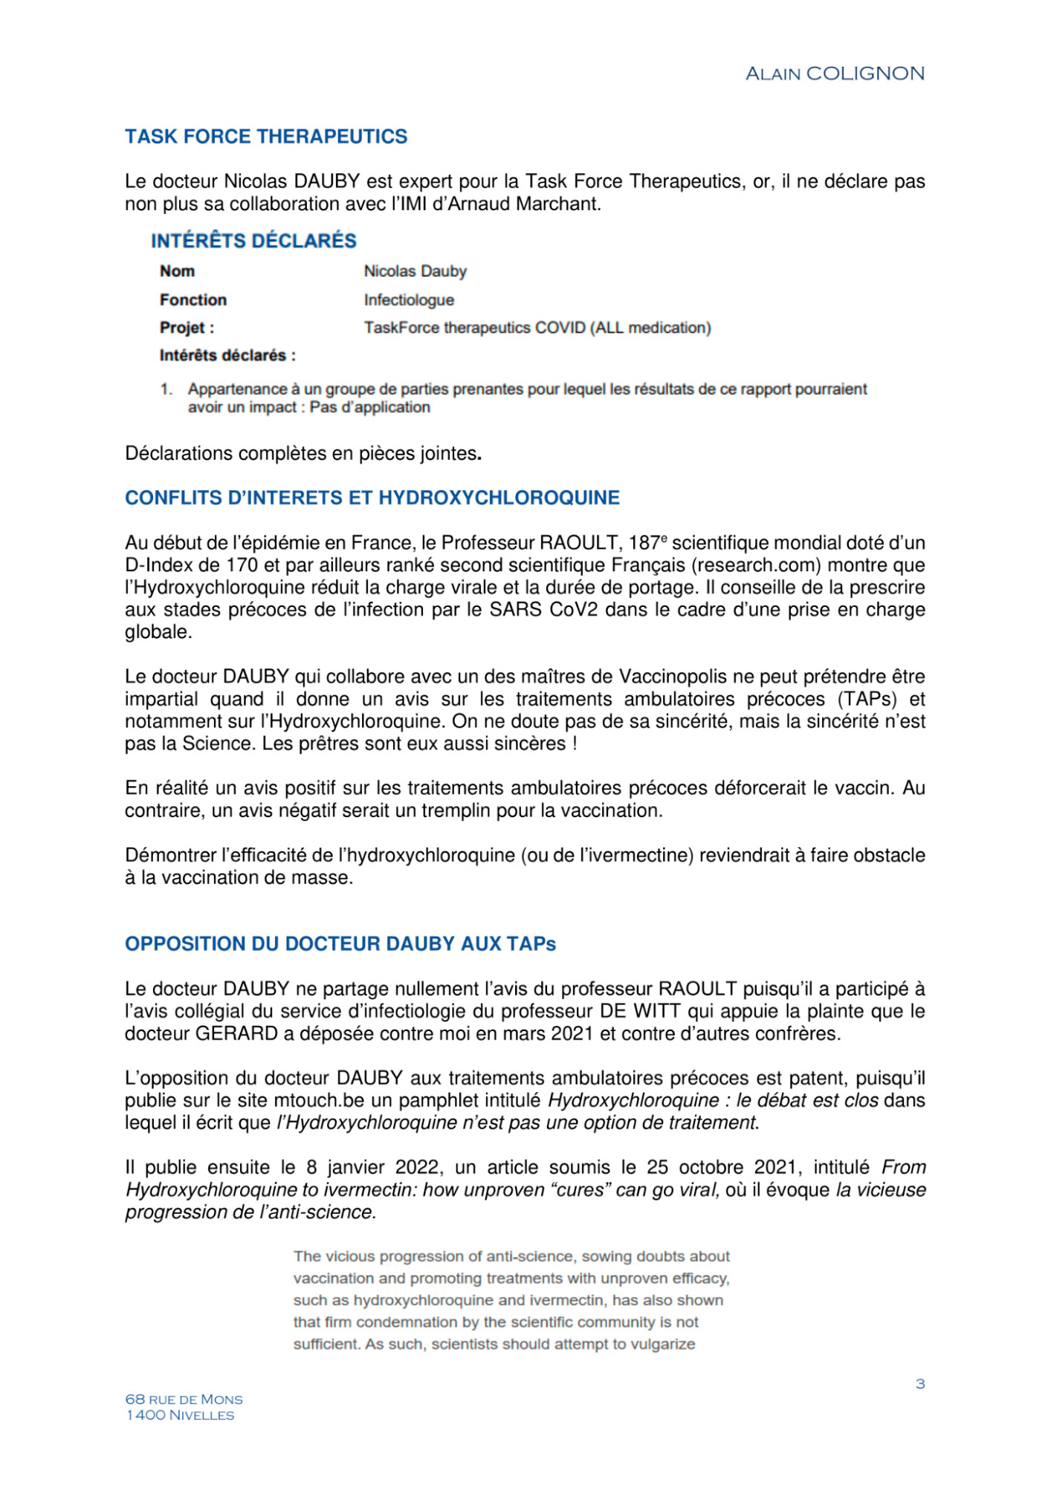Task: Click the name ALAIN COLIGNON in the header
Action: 835,74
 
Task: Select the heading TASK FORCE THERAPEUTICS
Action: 266,137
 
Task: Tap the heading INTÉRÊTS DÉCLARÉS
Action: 253,241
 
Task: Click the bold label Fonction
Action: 193,299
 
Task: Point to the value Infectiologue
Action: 409,299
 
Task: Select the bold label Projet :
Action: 187,328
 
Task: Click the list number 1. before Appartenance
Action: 166,389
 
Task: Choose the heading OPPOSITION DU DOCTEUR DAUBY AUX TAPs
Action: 340,944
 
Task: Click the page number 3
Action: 920,1383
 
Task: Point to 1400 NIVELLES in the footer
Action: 180,1415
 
